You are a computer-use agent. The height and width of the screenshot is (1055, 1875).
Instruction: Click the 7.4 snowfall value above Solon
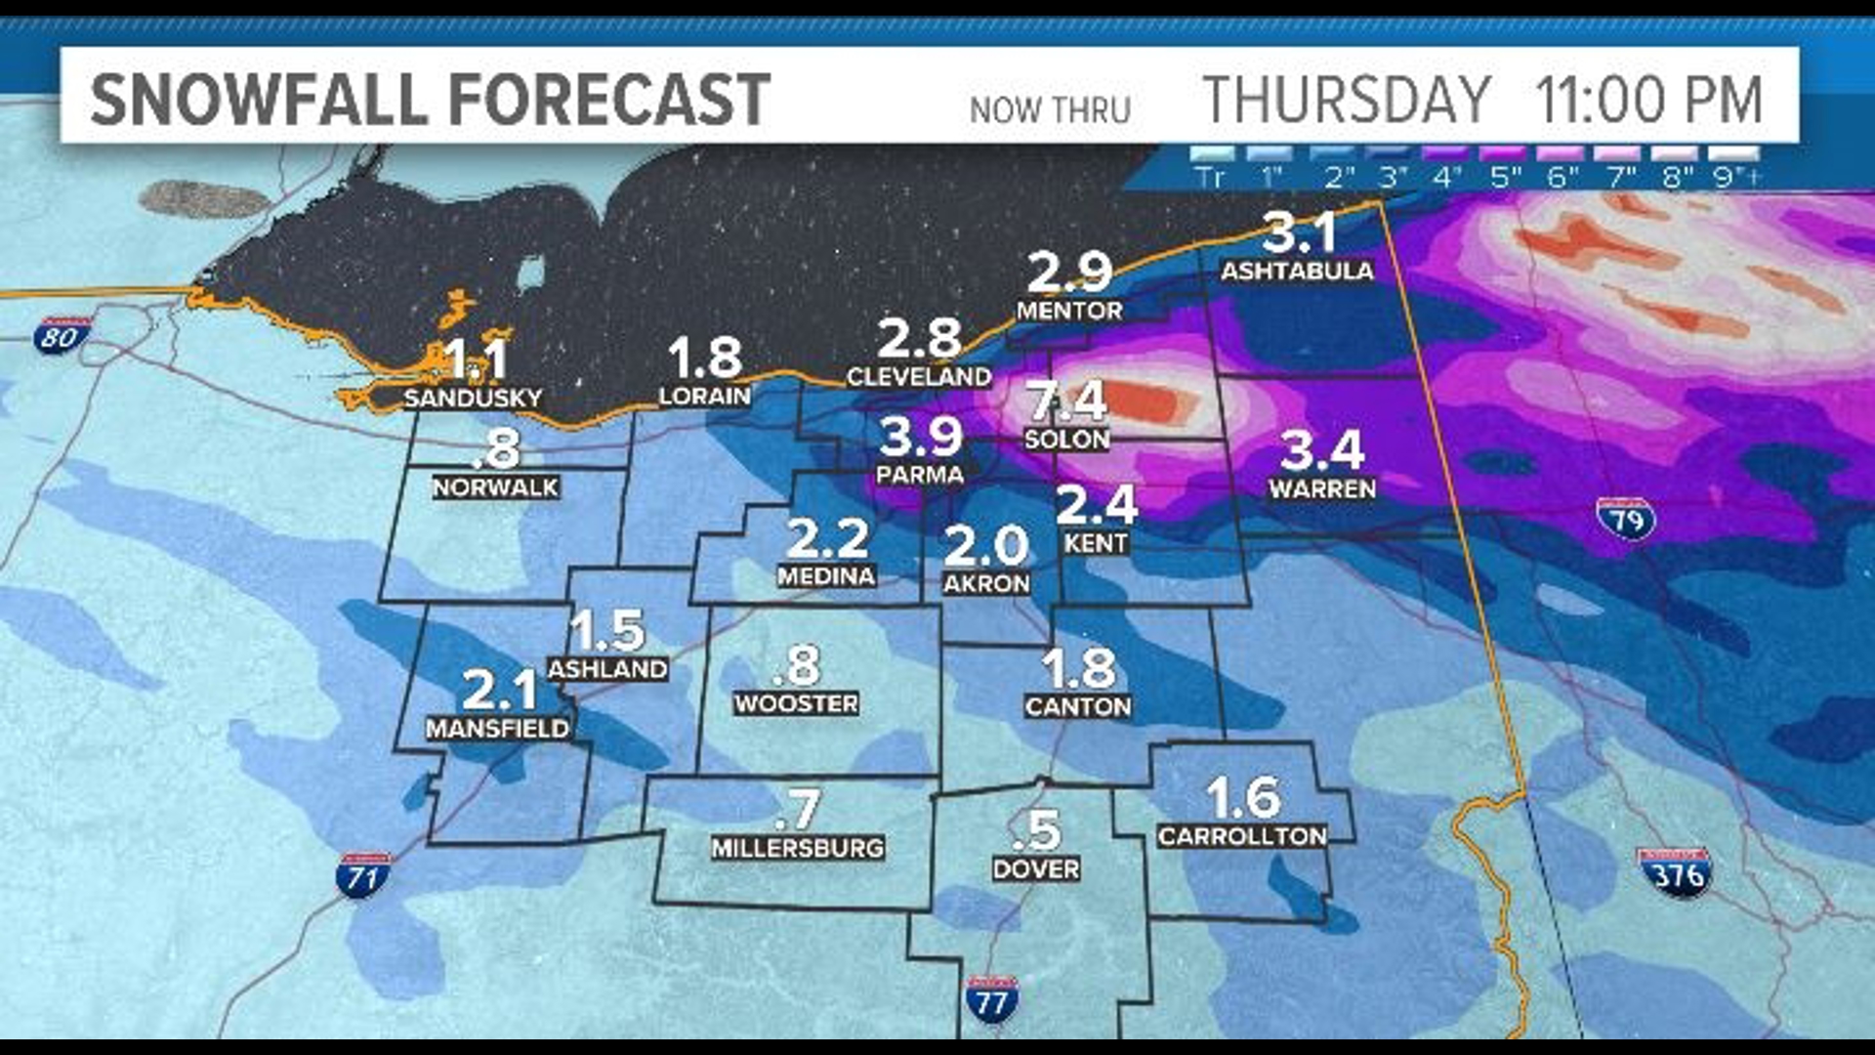pos(1066,401)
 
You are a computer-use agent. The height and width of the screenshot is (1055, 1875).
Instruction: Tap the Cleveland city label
pos(918,376)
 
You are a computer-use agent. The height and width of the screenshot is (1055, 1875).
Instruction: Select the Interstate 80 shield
pos(61,336)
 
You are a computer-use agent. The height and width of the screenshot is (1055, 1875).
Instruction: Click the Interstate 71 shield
pos(363,876)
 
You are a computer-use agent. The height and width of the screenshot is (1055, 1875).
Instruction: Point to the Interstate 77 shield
pos(991,1000)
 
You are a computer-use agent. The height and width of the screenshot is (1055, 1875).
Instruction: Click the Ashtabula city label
pos(1297,271)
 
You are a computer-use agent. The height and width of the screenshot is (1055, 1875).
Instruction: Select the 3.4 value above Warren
pos(1321,450)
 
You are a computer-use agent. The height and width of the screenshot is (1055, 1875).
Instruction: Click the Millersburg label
pos(797,848)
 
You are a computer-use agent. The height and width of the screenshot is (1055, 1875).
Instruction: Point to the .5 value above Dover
pos(1037,830)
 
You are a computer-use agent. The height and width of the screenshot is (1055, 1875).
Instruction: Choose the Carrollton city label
pos(1242,836)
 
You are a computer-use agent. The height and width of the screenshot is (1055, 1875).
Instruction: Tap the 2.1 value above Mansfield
pos(498,689)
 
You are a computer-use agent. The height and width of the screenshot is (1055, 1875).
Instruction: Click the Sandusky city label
pos(473,398)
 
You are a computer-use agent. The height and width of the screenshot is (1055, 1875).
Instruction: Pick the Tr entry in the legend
pos(1209,176)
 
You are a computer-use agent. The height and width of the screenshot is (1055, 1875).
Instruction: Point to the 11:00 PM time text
pos(1647,99)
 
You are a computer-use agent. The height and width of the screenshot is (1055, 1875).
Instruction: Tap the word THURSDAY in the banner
pos(1347,99)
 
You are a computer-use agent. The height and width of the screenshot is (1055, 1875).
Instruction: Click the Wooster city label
pos(796,703)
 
